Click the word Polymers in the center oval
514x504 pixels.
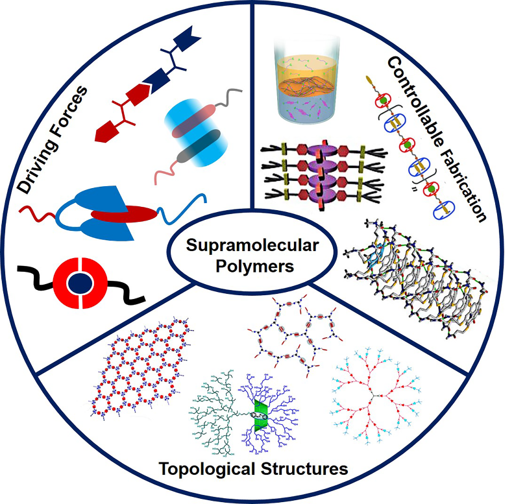[x=257, y=266]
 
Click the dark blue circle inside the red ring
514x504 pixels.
[x=79, y=283]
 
